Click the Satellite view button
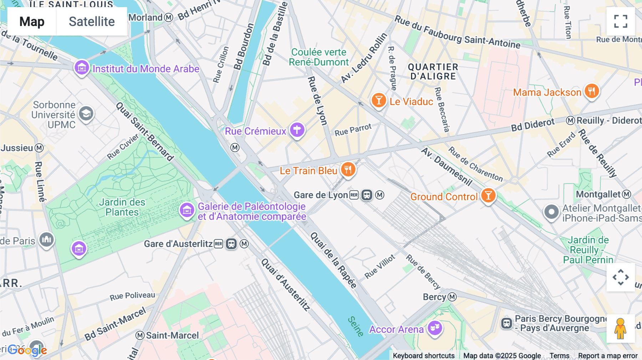(92, 21)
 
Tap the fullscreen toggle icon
(621, 21)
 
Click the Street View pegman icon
(620, 329)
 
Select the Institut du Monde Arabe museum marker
(82, 67)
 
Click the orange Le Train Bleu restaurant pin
(348, 170)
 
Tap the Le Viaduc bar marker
(379, 101)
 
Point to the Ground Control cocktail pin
(488, 196)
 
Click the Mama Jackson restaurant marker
(591, 92)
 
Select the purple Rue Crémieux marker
(297, 130)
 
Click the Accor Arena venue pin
(435, 328)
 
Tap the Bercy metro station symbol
(452, 297)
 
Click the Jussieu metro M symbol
(39, 148)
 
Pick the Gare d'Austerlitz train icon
(231, 244)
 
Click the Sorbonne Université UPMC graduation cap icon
(86, 114)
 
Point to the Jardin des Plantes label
(122, 207)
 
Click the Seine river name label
(356, 326)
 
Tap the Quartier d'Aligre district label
(433, 72)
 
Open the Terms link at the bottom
(559, 355)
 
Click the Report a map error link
(608, 355)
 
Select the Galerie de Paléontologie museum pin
(187, 210)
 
